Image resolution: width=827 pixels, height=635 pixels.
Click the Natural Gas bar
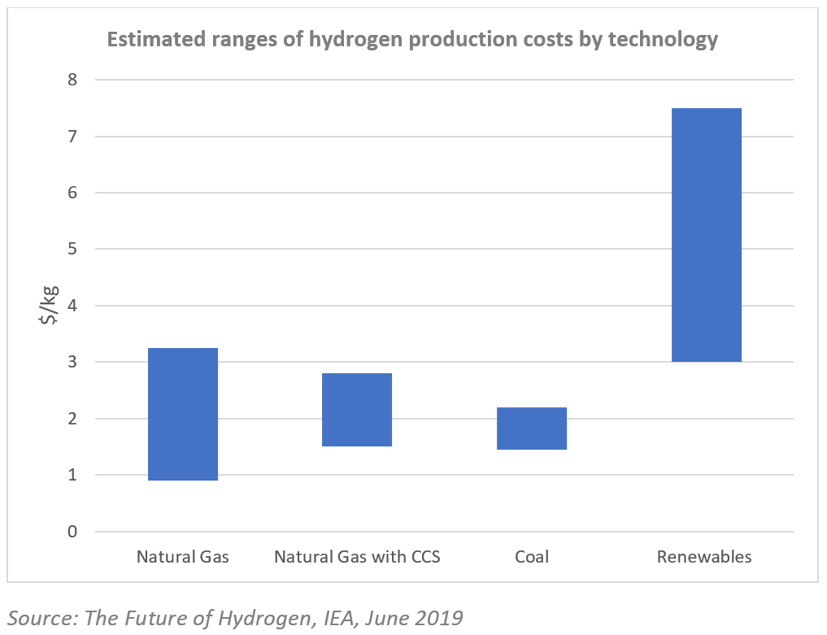coord(183,414)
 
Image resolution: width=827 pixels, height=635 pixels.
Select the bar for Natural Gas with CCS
coord(357,410)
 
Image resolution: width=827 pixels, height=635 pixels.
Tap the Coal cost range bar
coord(532,428)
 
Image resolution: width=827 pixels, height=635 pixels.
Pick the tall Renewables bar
coord(706,235)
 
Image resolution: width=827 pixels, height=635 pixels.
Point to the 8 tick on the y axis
coord(73,80)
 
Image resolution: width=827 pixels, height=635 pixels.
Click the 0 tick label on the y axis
coord(73,532)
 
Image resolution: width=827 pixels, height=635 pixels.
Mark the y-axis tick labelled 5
coord(73,250)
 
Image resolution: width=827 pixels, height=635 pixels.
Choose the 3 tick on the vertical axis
coord(73,362)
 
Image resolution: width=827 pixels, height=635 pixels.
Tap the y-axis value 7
coord(73,137)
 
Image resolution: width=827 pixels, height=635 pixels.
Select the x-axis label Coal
coord(532,557)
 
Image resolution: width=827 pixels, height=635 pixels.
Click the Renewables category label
coord(704,557)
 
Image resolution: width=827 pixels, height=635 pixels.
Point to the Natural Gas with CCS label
coord(357,557)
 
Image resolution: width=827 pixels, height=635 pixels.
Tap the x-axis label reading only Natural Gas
coord(183,557)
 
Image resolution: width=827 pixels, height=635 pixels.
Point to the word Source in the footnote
coord(39,618)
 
